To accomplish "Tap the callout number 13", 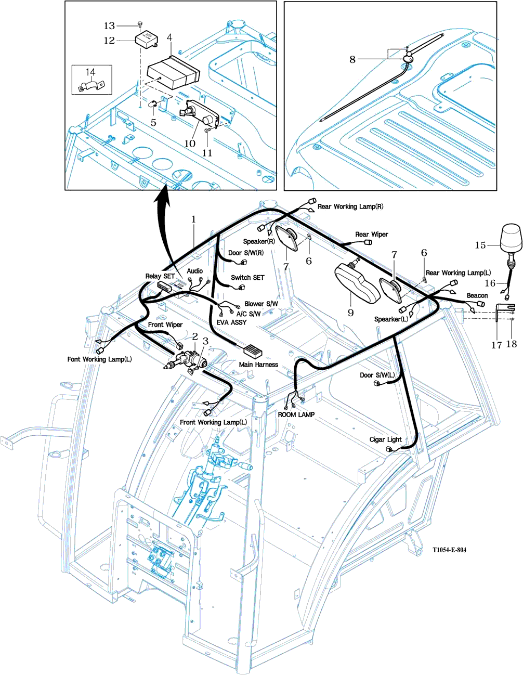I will (x=109, y=25).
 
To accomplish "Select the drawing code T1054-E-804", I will (x=449, y=550).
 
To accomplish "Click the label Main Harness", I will (x=258, y=365).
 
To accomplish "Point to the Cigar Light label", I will (x=385, y=439).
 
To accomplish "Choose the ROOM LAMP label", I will (x=296, y=414).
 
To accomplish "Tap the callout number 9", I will (x=350, y=312).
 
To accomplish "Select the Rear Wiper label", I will (x=372, y=235).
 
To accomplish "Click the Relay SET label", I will (x=160, y=276).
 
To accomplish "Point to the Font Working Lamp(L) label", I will (x=99, y=359).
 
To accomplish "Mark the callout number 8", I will (x=352, y=59).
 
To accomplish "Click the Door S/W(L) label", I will (x=377, y=375).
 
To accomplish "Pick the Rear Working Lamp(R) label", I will (x=350, y=206).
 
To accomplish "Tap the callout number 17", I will (x=496, y=345).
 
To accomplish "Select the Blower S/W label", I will (x=261, y=304).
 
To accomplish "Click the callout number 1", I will (x=193, y=219).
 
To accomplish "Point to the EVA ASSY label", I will (x=231, y=322).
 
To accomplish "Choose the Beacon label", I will (x=477, y=295).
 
